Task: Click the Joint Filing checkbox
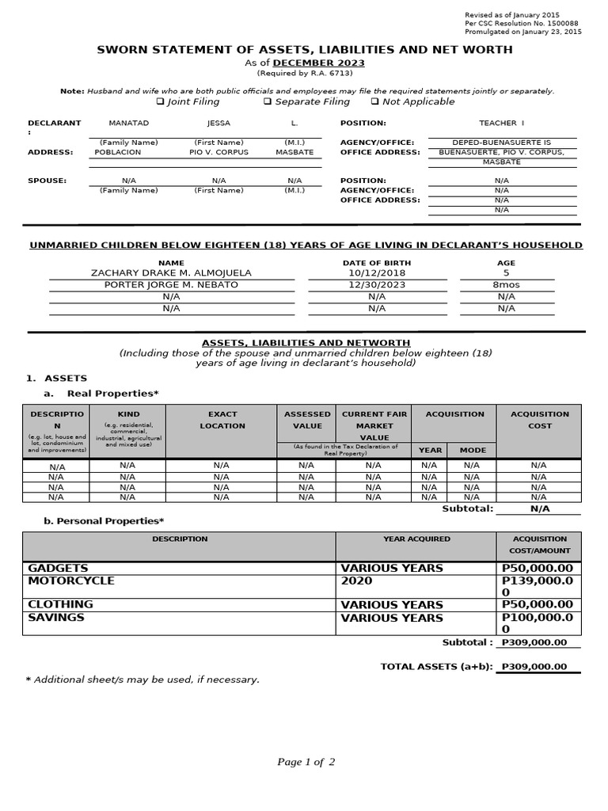tap(160, 101)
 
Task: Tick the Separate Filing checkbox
tap(268, 101)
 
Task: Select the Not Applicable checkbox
tap(374, 101)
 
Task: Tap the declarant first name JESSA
tap(218, 124)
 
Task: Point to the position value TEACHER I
tap(502, 124)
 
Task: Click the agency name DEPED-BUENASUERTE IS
tap(502, 143)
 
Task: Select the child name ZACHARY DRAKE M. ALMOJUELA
tap(171, 273)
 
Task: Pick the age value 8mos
tap(506, 284)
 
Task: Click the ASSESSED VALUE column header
tap(307, 420)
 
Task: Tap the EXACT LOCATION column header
tap(222, 420)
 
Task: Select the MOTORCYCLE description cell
tap(71, 581)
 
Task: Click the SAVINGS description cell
tap(56, 618)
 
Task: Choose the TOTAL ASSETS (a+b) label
tap(436, 667)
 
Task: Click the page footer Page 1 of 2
tap(306, 763)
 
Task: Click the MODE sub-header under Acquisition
tap(473, 450)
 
